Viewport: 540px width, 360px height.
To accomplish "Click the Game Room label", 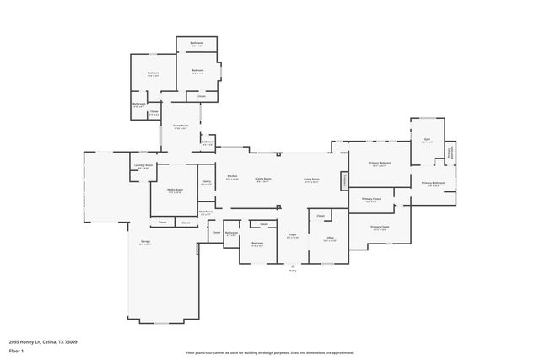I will (x=180, y=126).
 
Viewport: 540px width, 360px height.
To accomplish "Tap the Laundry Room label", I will (x=143, y=165).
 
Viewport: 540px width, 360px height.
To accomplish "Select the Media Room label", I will (x=175, y=191).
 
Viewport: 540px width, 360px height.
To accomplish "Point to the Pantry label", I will (x=206, y=182).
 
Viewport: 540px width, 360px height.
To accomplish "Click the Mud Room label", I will (x=206, y=212).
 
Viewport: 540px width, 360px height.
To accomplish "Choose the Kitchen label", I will (x=232, y=176).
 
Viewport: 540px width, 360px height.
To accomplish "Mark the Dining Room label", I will (x=265, y=179).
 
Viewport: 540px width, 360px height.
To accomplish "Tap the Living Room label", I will (x=311, y=179).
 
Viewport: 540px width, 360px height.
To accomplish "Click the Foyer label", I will (x=292, y=235).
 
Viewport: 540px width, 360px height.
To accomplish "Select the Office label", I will (x=330, y=238).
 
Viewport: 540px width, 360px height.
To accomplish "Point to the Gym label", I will (x=427, y=140).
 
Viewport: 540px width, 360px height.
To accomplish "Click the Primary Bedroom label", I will (x=379, y=163).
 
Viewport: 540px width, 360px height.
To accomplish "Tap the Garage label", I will (x=145, y=242).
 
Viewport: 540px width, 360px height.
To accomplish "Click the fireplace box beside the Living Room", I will (x=344, y=180).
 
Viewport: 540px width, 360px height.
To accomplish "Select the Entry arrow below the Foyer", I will (x=293, y=268).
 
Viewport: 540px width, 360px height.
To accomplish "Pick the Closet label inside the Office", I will (x=321, y=217).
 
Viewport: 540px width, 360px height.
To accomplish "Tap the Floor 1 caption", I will (x=16, y=350).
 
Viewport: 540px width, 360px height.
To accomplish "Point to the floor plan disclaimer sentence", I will (x=270, y=352).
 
